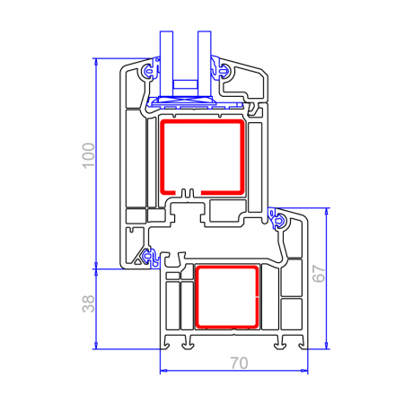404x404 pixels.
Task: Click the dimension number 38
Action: pos(87,305)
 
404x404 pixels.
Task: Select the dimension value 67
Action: pos(318,276)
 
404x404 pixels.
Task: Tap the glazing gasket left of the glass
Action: pos(149,70)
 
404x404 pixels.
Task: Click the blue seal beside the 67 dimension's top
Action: pos(280,219)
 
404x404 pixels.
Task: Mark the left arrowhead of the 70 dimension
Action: pos(163,369)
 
